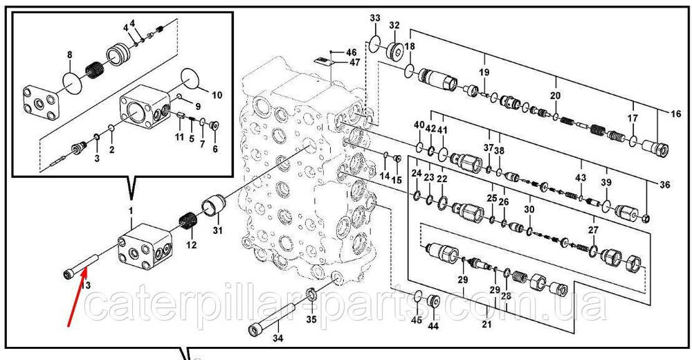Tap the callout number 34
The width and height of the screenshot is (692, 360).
277,339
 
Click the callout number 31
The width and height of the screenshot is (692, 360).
217,230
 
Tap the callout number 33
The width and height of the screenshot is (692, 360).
374,18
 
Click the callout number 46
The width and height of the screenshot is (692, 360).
351,53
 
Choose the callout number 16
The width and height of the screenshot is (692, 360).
675,114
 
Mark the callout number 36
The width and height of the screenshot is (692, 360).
664,184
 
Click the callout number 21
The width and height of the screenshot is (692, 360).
486,325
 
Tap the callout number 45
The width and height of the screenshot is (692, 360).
417,320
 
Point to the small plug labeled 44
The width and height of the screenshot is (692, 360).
434,302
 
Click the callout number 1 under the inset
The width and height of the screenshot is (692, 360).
131,210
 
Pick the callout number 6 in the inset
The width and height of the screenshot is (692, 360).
215,149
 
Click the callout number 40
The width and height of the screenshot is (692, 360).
419,125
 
